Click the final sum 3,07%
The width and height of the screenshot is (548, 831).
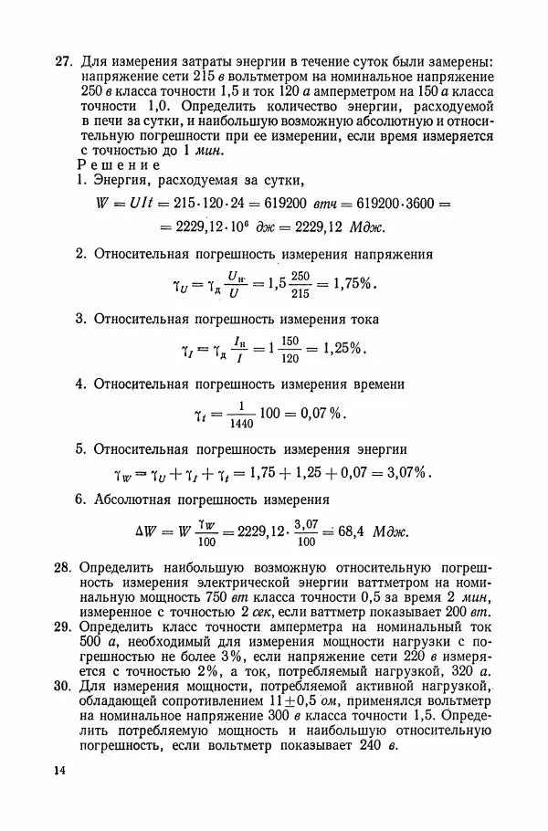406,473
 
